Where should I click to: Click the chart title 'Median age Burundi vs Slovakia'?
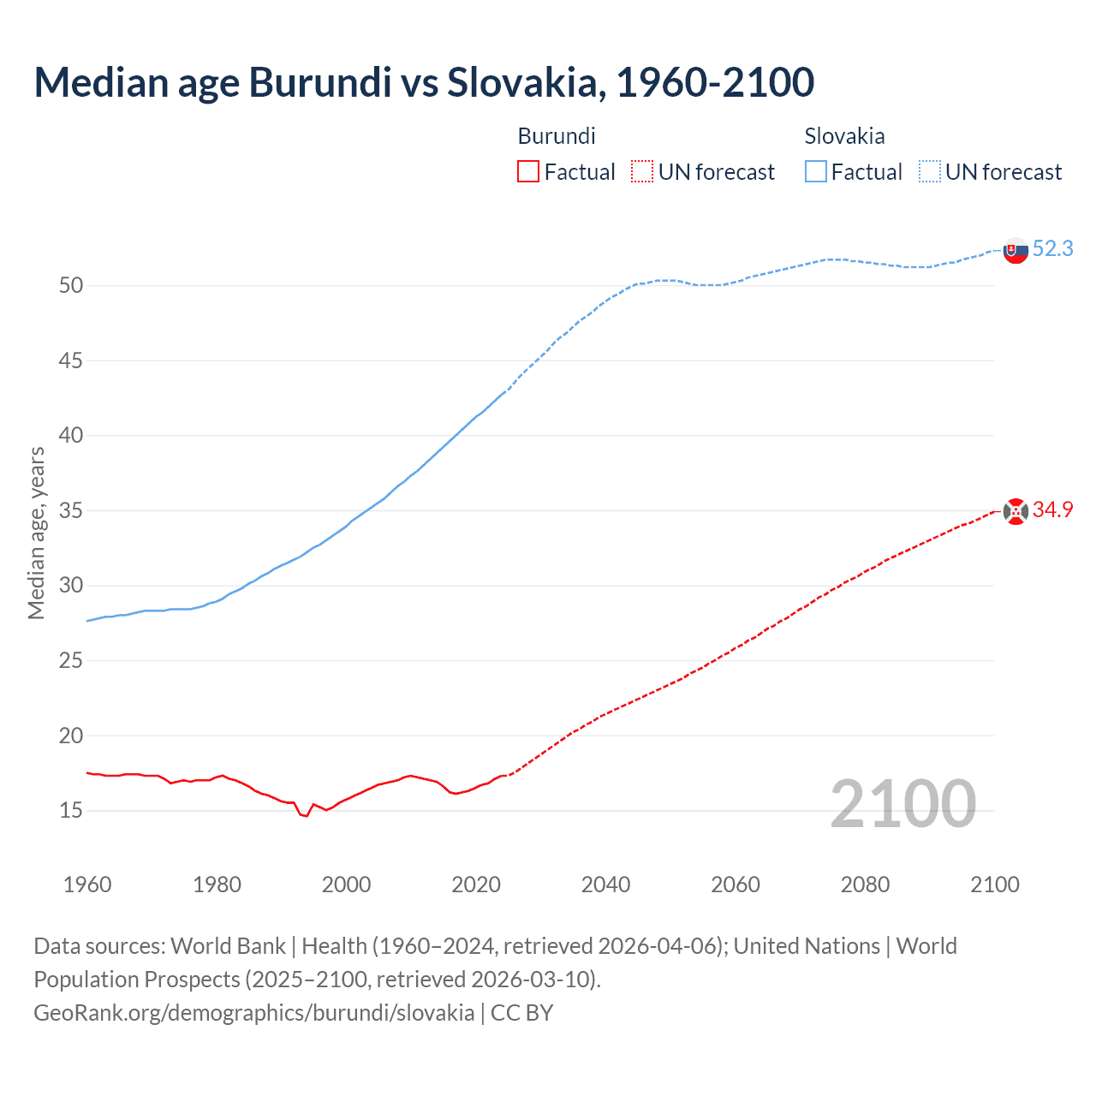coord(424,83)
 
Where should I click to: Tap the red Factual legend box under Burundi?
coord(528,172)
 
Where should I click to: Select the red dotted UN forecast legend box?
coord(642,172)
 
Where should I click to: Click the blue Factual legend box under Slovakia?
coord(815,172)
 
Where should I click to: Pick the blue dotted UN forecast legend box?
coord(929,172)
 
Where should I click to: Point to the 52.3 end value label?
coord(1052,249)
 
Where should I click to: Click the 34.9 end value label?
coord(1052,510)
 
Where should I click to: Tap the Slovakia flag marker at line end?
coord(1016,251)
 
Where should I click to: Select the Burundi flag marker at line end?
coord(1016,512)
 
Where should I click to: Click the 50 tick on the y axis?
coord(71,286)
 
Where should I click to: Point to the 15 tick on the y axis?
coord(71,811)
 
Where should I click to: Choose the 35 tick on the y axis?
coord(71,511)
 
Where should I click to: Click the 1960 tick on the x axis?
coord(87,885)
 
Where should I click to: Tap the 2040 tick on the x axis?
coord(605,885)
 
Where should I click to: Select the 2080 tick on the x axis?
coord(865,885)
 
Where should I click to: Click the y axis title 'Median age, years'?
coord(36,533)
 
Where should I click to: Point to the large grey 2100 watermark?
coord(902,804)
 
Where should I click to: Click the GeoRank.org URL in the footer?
coord(253,1013)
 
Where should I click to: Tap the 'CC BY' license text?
coord(522,1013)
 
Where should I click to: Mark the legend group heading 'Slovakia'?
coord(844,136)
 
